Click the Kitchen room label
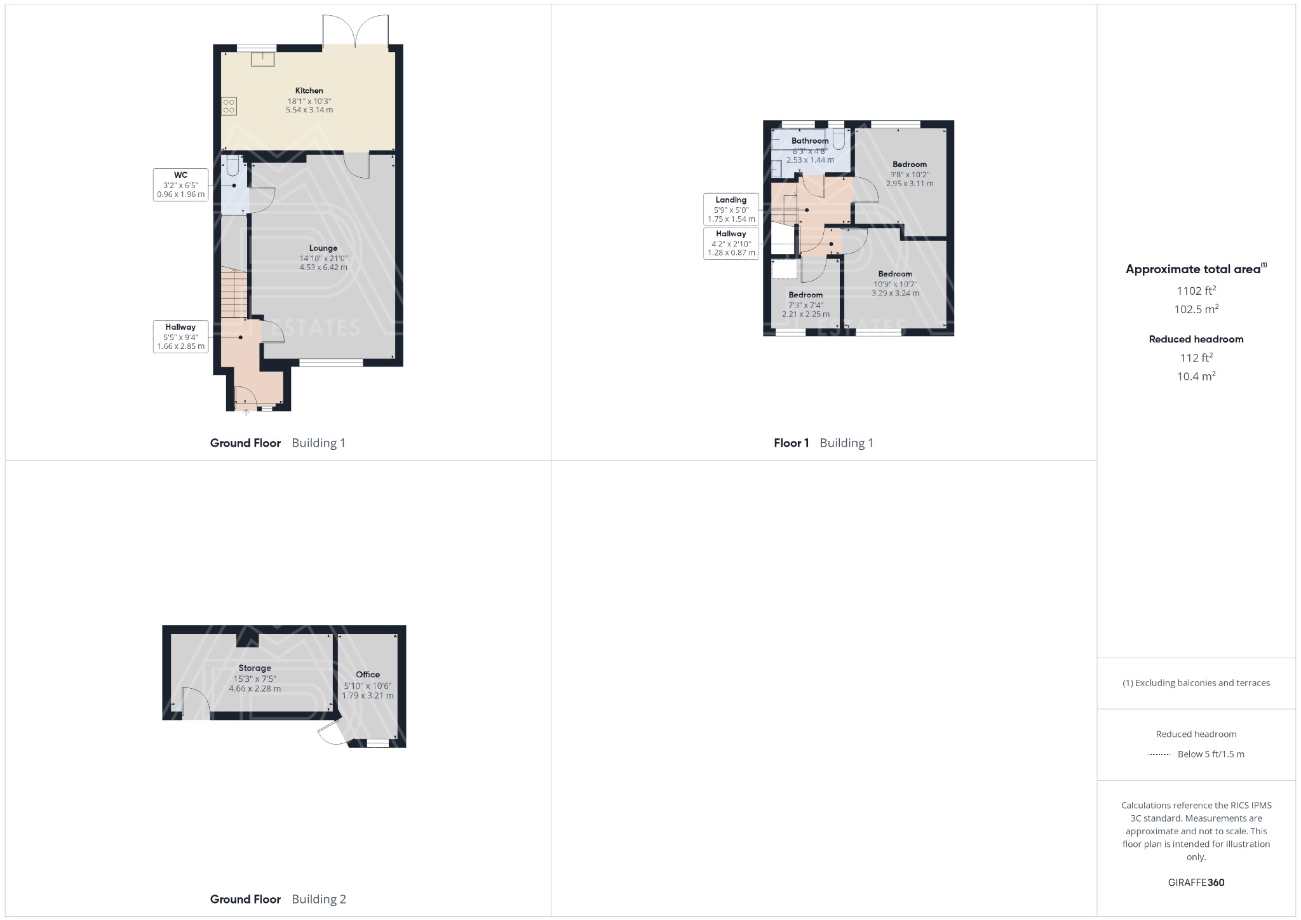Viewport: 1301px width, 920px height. click(309, 91)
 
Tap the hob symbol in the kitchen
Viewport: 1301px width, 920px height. click(229, 106)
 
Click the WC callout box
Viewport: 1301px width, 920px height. click(180, 185)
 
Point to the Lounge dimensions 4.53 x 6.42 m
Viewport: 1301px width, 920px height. click(323, 267)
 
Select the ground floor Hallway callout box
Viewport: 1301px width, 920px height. click(180, 337)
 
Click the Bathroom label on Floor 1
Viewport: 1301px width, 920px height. click(810, 140)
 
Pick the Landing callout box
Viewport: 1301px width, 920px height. click(731, 210)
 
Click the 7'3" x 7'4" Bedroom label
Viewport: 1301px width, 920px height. click(806, 295)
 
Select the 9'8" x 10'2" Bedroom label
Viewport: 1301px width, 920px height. click(910, 164)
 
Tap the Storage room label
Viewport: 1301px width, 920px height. click(255, 668)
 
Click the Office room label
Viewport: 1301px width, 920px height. click(368, 675)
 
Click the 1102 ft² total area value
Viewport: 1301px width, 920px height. click(1196, 291)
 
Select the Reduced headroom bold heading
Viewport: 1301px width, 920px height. click(1196, 339)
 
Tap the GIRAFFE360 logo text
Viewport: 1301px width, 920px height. click(1196, 883)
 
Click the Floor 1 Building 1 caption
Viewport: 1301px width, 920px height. click(823, 443)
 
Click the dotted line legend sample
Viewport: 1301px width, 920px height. click(1159, 755)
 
